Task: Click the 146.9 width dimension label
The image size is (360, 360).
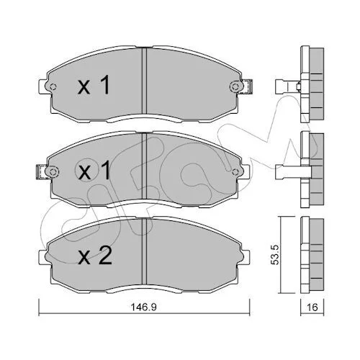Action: [x=143, y=307]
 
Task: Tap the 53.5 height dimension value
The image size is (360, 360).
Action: [x=275, y=255]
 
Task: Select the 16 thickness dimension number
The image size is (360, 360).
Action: [x=312, y=307]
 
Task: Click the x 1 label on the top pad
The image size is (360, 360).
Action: [x=94, y=84]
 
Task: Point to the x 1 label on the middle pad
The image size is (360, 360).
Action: [x=94, y=170]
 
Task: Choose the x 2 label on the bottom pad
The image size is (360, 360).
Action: [x=95, y=256]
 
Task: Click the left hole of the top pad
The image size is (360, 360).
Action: [x=53, y=87]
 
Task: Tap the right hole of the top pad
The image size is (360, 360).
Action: [x=234, y=86]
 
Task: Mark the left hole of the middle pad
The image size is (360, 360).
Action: [x=53, y=172]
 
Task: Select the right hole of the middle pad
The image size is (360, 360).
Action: [x=235, y=172]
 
